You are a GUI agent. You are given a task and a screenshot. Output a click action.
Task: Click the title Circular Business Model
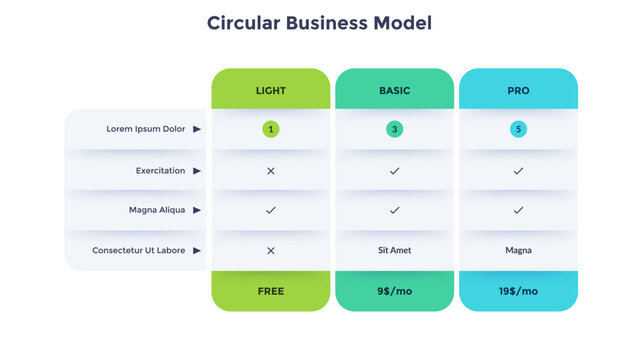point(319,23)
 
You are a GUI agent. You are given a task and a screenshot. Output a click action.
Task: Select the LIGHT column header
point(270,90)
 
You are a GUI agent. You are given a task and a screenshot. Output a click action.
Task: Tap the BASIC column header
point(394,90)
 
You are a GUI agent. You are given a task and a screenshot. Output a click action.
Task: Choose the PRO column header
point(518,90)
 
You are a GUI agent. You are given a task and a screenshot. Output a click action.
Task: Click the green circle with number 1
point(270,129)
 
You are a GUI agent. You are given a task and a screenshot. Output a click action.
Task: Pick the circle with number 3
point(394,129)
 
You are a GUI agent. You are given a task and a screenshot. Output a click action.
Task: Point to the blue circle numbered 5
point(518,129)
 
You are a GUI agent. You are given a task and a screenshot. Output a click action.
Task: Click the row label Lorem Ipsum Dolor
point(146,129)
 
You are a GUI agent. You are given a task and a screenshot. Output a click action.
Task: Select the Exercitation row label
point(160,171)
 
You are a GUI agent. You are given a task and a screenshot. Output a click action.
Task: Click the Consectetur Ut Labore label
point(138,250)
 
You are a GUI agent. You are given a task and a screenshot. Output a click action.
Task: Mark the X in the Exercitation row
point(270,171)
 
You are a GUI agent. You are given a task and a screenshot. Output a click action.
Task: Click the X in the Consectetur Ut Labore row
point(270,250)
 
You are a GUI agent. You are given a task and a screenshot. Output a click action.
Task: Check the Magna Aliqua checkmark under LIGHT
point(270,210)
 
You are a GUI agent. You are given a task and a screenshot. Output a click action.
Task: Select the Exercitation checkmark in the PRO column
point(518,171)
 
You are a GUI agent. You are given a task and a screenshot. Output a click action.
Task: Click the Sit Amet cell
point(394,250)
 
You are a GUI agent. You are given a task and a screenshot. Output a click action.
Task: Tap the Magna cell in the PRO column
point(518,250)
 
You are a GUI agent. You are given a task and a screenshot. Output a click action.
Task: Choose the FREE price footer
point(270,291)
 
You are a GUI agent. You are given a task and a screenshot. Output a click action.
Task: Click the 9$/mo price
point(394,291)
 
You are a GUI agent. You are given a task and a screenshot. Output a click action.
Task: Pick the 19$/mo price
point(518,291)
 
